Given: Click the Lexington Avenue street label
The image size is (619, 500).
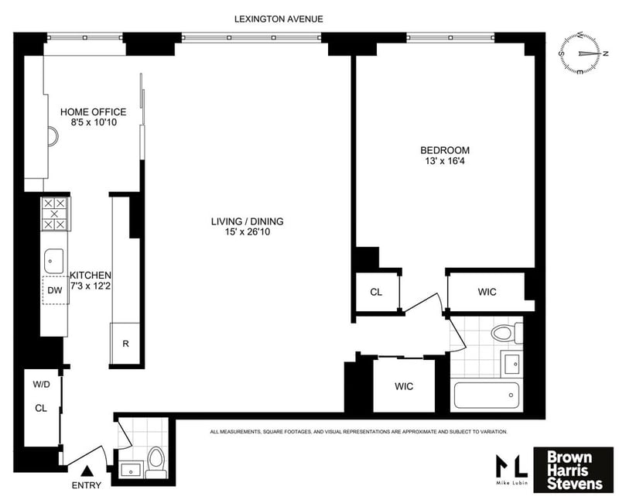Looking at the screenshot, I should pos(280,19).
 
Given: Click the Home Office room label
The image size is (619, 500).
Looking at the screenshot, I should pos(93,112).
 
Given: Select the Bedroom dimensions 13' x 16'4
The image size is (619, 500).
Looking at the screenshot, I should pos(445,161).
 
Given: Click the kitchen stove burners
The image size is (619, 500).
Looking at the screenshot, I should pos(53,213).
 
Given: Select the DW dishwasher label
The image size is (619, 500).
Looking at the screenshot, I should pos(54,290).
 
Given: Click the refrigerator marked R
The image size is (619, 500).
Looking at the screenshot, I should pos(125,344).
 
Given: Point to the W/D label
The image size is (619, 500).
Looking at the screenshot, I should pos(40,385).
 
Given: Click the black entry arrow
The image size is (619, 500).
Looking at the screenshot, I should pos(87,470).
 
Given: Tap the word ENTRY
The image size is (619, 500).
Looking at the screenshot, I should pos(86,485).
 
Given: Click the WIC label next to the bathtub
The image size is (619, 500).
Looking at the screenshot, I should pos(404,386).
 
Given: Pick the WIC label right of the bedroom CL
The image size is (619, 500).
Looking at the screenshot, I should pos(487,292).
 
